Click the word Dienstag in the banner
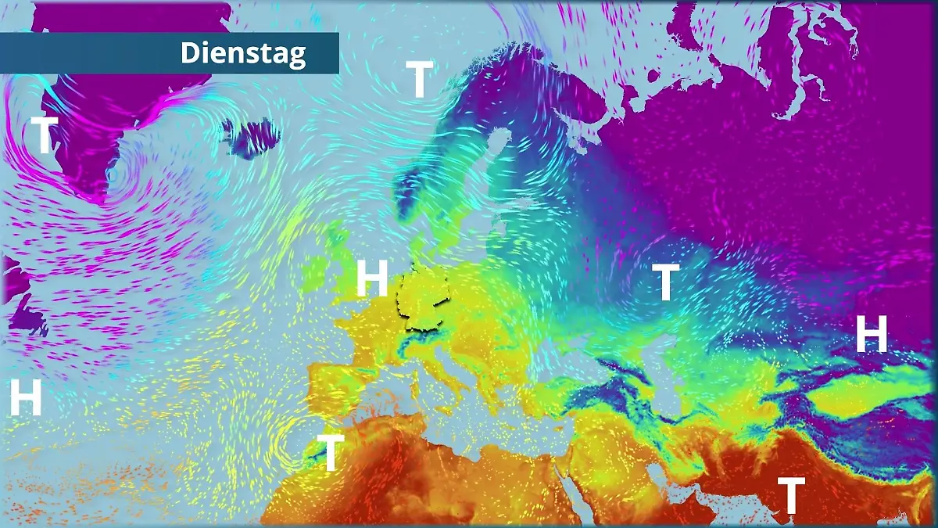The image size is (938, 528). coord(243,53)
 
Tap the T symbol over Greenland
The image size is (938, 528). coord(44,135)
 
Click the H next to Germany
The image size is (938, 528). coord(372,278)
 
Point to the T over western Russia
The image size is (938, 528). coord(665,282)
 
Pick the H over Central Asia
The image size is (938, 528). coord(872,334)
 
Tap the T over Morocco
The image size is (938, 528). coord(331,452)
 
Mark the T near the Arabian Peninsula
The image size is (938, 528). coord(790,494)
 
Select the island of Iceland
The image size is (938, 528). coord(249,138)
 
